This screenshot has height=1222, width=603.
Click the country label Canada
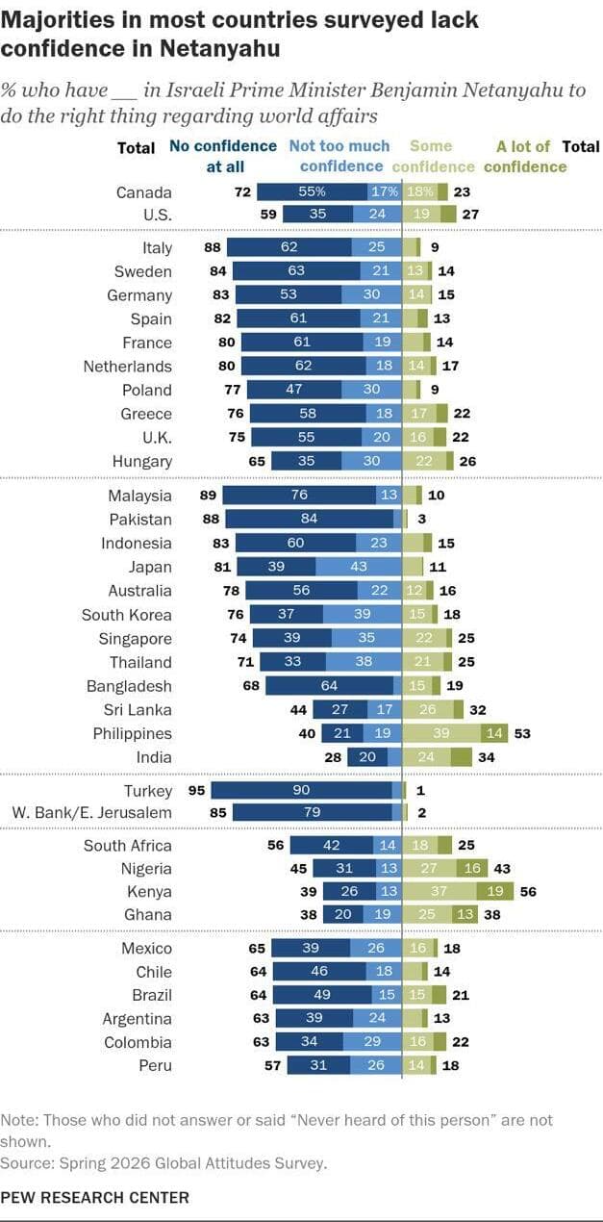point(144,192)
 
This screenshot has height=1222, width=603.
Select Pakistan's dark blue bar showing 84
point(309,519)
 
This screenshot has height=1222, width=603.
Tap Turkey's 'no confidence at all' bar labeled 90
point(302,791)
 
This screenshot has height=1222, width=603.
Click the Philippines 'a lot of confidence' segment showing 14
point(494,733)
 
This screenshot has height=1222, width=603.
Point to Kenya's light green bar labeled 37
point(440,891)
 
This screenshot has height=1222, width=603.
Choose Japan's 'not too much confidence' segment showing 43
point(358,567)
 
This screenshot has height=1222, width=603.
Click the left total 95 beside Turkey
point(196,791)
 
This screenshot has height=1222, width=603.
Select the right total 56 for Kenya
point(528,891)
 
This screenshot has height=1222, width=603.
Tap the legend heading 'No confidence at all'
point(223,157)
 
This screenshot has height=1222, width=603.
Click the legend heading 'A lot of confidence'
point(525,157)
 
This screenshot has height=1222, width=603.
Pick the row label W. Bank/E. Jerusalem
point(91,813)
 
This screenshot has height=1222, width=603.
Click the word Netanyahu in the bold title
point(219,49)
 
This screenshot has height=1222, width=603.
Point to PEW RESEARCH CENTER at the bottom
point(95,1197)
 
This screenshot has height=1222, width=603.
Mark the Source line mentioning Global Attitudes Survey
point(163,1163)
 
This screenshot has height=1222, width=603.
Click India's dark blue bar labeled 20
point(367,757)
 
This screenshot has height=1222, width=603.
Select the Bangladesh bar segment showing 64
point(329,686)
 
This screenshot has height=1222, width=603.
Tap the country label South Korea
point(127,615)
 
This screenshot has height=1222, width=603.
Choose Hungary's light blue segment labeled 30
point(371,461)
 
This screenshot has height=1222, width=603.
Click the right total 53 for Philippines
point(522,734)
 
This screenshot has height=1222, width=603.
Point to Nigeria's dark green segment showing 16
point(471,869)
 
